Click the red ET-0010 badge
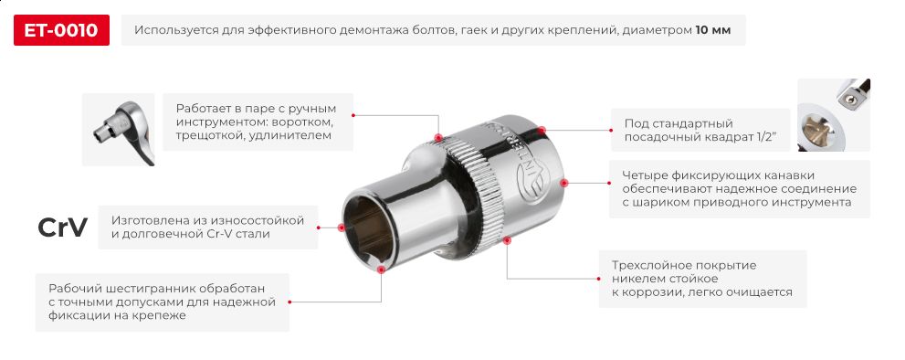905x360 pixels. pyautogui.click(x=62, y=30)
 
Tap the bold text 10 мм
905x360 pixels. pyautogui.click(x=713, y=30)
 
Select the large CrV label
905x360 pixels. pyautogui.click(x=62, y=228)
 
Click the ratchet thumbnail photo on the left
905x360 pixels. pyautogui.click(x=118, y=130)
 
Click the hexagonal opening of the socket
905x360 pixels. pyautogui.click(x=370, y=228)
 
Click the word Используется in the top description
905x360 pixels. pyautogui.click(x=177, y=30)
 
